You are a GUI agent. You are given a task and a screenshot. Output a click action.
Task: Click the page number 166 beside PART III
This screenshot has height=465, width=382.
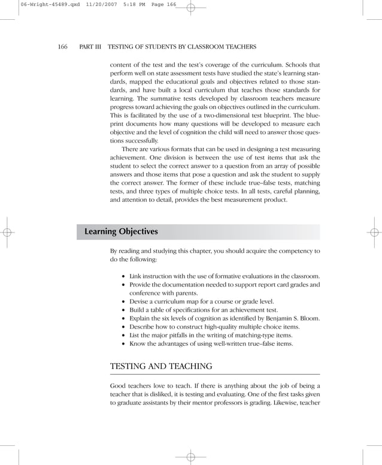[62, 47]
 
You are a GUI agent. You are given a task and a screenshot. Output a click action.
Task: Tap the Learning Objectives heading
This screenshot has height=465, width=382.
[121, 231]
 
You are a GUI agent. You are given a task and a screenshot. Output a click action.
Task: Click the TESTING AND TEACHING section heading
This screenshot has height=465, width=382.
[162, 366]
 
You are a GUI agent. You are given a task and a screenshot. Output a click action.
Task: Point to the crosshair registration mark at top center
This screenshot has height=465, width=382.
[190, 8]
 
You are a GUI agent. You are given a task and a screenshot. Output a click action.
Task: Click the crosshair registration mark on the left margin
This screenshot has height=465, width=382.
[8, 232]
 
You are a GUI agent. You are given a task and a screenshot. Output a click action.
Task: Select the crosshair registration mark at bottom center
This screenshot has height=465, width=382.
[190, 457]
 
